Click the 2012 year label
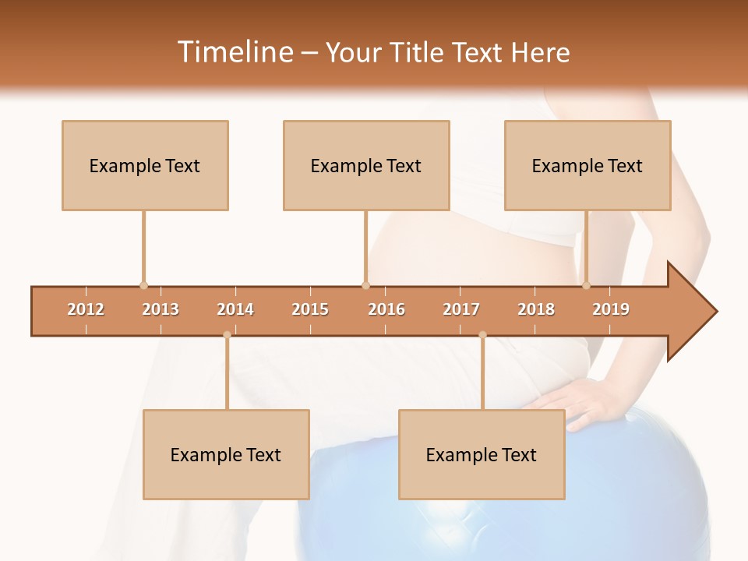click(86, 309)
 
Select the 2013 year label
click(161, 309)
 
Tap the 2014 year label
click(235, 309)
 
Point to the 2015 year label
click(310, 309)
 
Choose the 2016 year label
click(386, 309)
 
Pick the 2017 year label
click(461, 309)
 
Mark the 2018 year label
click(536, 309)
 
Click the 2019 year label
click(611, 309)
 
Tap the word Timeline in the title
click(235, 52)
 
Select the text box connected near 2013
click(145, 165)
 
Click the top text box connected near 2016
click(366, 165)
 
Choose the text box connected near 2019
click(587, 165)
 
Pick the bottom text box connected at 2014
click(226, 454)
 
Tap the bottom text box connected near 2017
click(482, 454)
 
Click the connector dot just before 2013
click(143, 285)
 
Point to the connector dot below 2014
click(227, 335)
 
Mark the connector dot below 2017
click(482, 335)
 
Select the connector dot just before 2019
click(586, 285)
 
